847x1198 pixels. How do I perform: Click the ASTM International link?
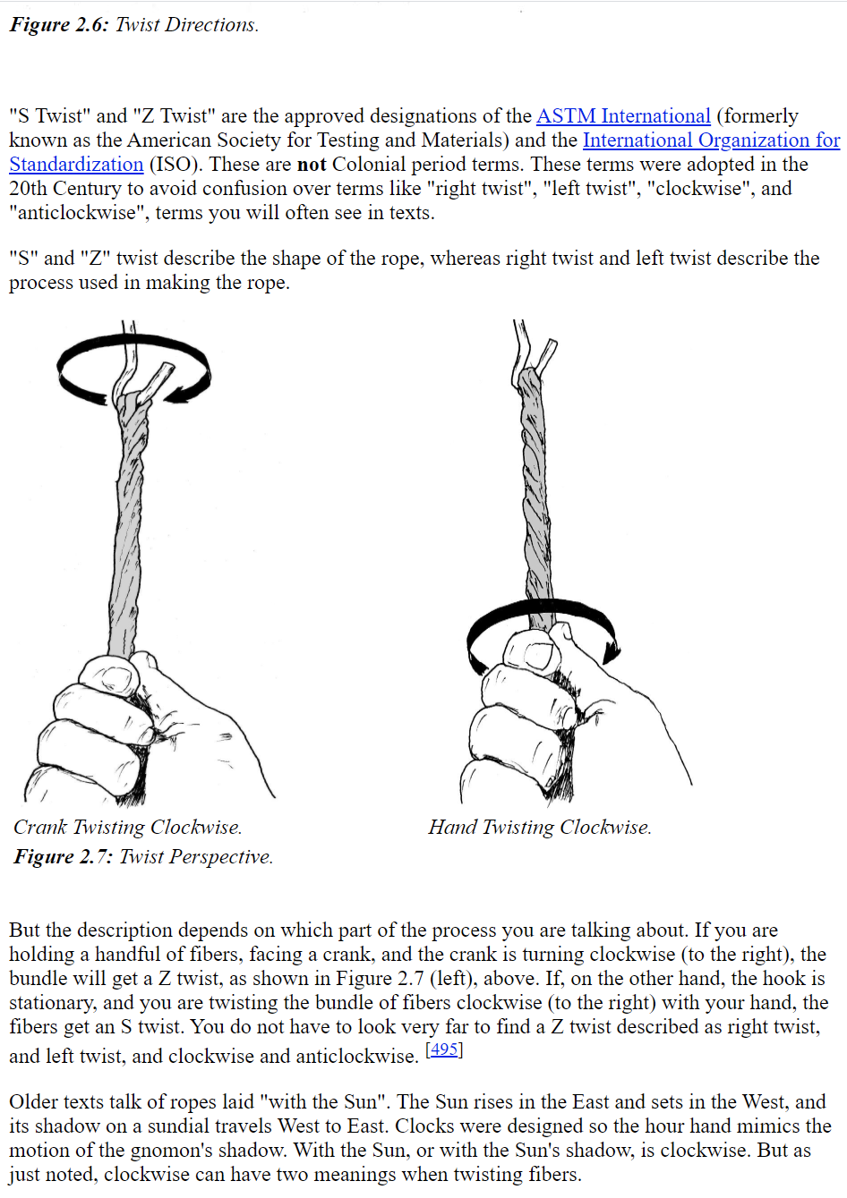(x=623, y=116)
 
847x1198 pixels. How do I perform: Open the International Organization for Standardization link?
(x=711, y=140)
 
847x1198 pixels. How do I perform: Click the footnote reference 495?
(x=444, y=1049)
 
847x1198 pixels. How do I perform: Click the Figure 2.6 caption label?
(x=58, y=25)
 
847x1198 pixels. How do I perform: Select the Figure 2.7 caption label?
(x=63, y=857)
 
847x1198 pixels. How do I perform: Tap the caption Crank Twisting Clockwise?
(x=127, y=828)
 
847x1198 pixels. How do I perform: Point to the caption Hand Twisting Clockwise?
(x=539, y=828)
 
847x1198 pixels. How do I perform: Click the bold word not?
(x=312, y=165)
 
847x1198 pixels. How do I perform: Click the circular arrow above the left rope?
(x=134, y=367)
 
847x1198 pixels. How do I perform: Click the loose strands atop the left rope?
(x=143, y=367)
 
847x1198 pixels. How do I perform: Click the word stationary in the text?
(x=52, y=1003)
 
